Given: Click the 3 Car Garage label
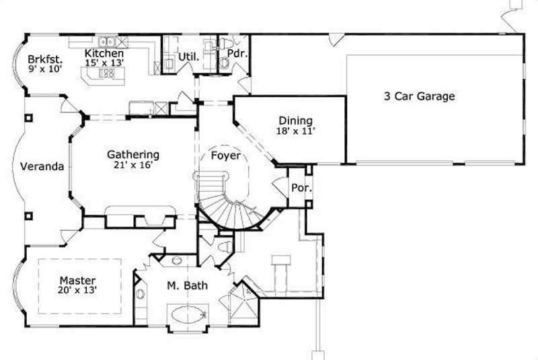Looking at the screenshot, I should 419,96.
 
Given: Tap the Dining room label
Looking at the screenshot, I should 296,121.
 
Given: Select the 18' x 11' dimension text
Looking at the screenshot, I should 296,132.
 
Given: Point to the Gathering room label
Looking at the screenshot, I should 132,154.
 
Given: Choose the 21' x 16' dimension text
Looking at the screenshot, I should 132,165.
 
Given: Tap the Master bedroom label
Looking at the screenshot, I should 77,280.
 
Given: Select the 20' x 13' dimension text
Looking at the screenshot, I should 77,291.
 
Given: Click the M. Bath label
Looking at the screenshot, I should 187,287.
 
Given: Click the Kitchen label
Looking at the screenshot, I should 104,52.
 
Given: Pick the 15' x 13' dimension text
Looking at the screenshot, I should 104,63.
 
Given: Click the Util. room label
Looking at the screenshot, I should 188,57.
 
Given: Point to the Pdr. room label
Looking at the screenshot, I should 235,52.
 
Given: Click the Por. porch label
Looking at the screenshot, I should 300,188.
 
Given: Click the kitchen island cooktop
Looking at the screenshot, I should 106,74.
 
